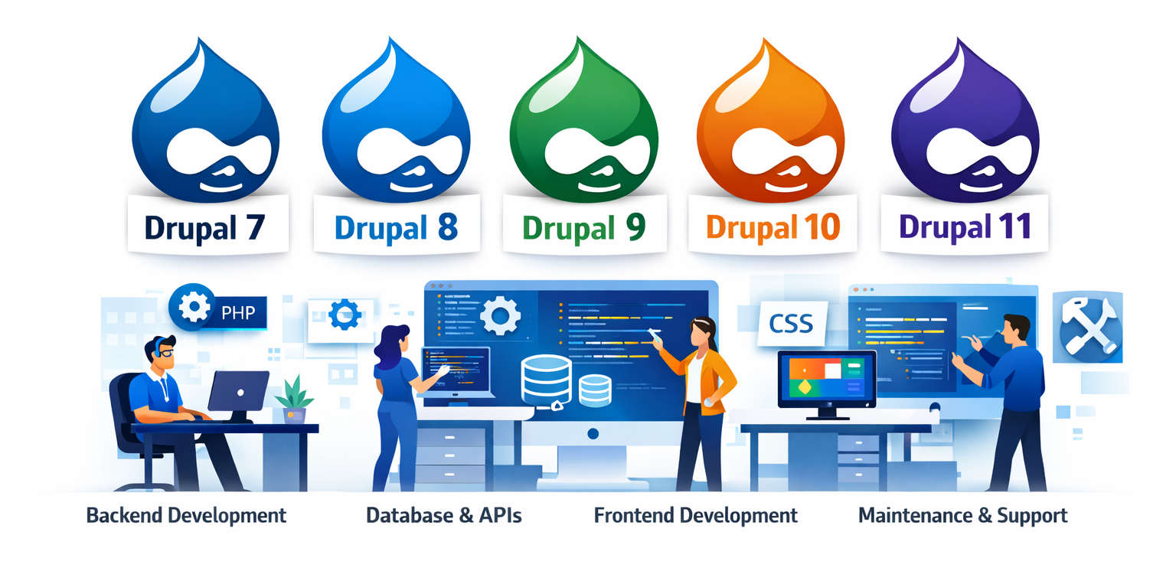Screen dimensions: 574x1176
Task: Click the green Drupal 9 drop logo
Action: point(583,126)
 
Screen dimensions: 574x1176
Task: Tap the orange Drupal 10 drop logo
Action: point(771,126)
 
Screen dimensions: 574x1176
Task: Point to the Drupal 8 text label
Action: point(395,227)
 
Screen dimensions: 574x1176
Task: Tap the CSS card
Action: point(791,324)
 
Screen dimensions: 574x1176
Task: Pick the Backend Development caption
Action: point(186,515)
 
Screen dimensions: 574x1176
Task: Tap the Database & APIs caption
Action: point(444,515)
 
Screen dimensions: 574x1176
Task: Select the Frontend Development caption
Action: point(695,515)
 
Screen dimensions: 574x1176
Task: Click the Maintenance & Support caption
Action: point(962,515)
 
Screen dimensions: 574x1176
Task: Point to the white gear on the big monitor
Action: point(500,315)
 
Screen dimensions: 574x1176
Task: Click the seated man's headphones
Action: point(157,348)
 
